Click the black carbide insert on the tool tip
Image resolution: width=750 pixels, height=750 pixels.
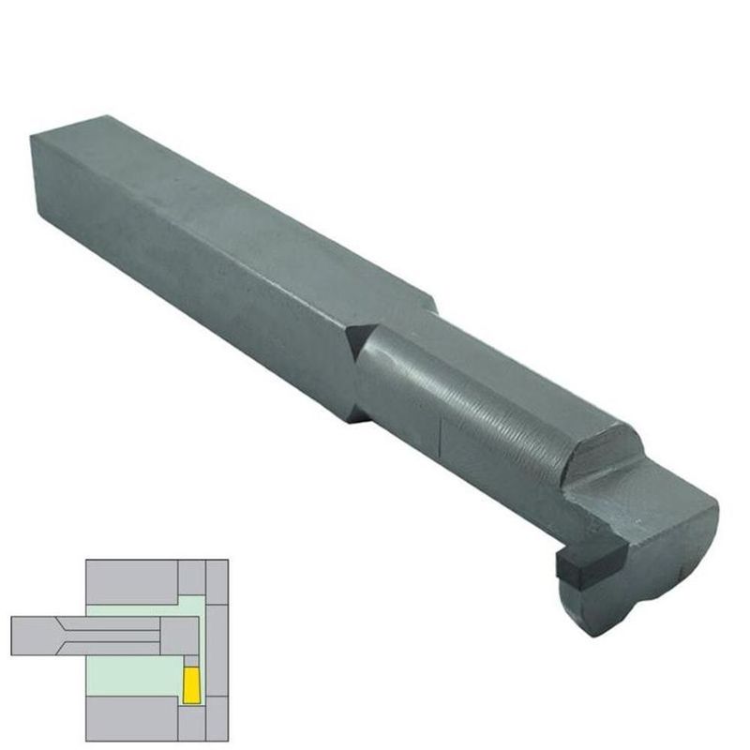[x=576, y=565]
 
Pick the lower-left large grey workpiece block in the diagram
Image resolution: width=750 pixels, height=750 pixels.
[x=131, y=718]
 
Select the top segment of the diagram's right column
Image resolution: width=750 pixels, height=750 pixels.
[x=217, y=582]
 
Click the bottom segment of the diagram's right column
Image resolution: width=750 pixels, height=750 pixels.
[x=217, y=718]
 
